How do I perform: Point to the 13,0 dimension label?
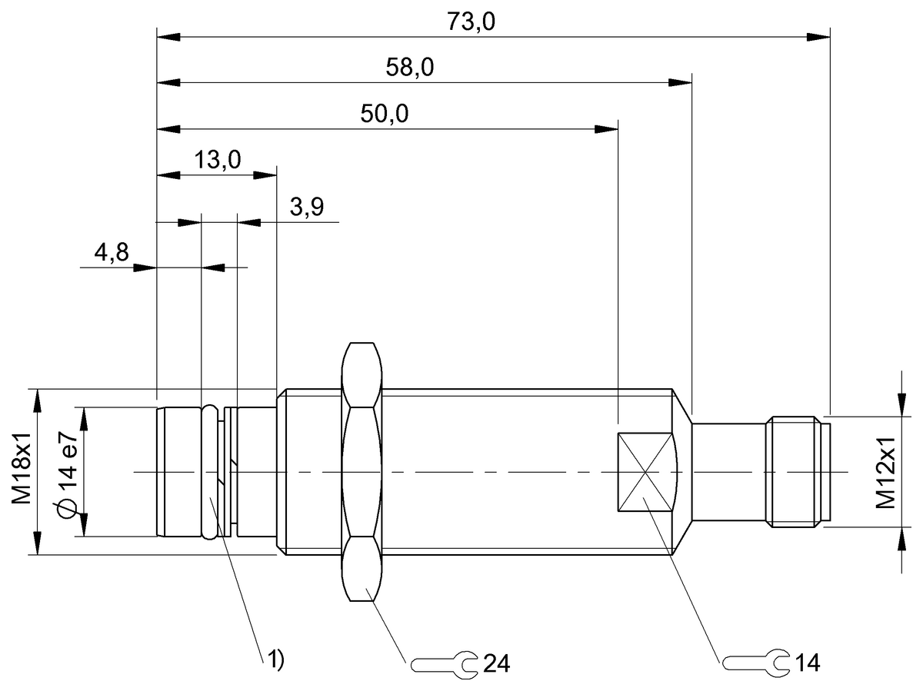coord(218,160)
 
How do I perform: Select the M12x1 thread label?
coord(887,473)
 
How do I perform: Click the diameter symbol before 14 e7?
coord(67,508)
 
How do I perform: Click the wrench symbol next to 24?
coord(444,663)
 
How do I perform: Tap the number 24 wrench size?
coord(496,663)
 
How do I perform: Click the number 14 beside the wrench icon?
coord(808,663)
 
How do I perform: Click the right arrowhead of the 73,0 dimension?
coord(821,36)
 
